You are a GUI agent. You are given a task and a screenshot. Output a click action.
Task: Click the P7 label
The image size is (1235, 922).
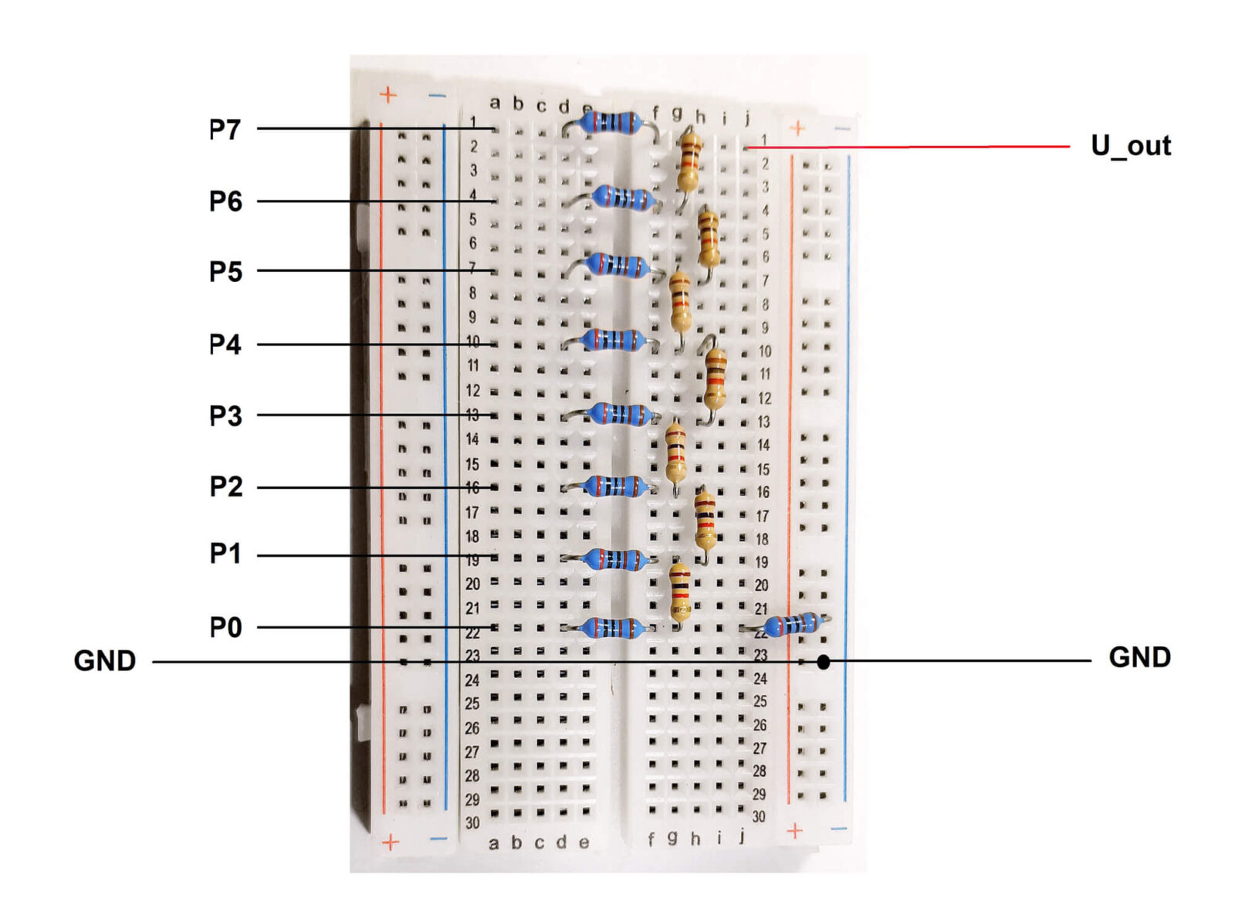click(x=225, y=129)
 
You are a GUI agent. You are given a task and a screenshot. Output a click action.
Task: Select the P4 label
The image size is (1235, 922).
click(x=225, y=344)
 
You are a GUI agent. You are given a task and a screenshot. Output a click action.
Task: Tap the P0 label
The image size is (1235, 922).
click(x=225, y=627)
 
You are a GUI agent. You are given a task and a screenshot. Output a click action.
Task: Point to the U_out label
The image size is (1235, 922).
click(x=1130, y=145)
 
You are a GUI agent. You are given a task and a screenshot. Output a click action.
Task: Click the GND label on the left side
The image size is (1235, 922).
click(x=105, y=661)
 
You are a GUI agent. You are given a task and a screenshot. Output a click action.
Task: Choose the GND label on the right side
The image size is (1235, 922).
click(x=1139, y=657)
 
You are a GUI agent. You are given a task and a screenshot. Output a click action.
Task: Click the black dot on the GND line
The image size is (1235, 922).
click(x=824, y=662)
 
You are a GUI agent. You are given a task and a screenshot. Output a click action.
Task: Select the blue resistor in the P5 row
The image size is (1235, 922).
click(x=617, y=265)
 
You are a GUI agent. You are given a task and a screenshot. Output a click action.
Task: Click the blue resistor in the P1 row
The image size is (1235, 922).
click(x=614, y=559)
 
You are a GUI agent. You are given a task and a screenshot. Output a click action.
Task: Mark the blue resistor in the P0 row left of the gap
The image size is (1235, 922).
click(x=612, y=628)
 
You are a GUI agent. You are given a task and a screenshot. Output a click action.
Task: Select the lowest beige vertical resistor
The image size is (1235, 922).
click(x=679, y=592)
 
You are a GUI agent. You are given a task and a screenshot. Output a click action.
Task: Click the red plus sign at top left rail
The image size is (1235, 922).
click(x=388, y=95)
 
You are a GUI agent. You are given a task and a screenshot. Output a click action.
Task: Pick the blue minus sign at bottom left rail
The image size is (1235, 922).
click(x=438, y=839)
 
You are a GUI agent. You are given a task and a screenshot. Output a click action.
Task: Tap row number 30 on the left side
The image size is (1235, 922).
click(x=472, y=823)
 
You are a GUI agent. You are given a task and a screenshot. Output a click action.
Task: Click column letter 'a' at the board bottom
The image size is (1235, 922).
click(x=493, y=844)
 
